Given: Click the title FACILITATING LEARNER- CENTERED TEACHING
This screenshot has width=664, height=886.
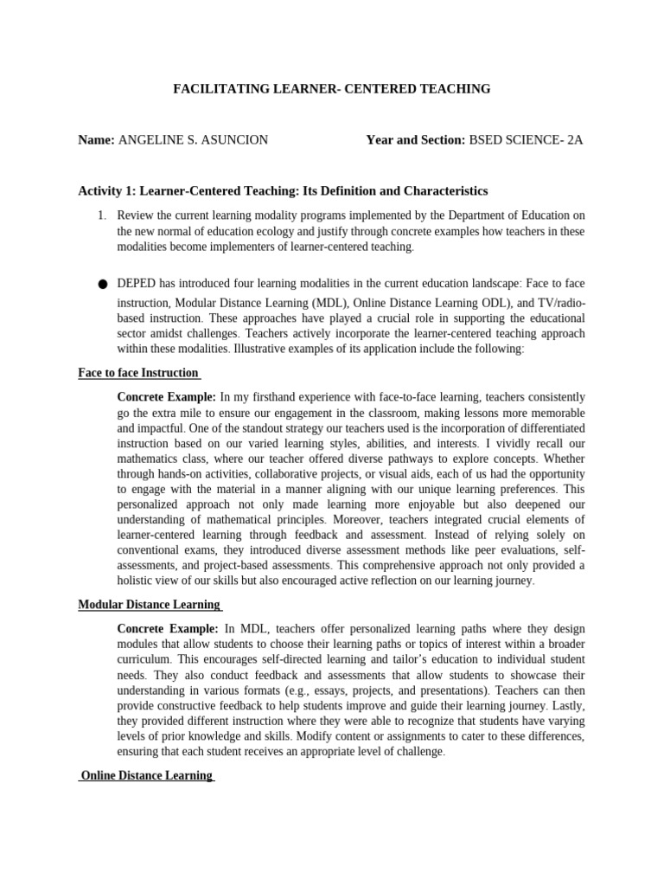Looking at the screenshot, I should coord(332,88).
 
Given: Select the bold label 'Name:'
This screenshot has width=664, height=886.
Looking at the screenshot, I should coord(96,139).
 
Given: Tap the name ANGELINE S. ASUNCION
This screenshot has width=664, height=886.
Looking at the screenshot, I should coord(193,139).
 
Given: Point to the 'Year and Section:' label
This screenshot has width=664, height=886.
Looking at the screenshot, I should coord(416,139).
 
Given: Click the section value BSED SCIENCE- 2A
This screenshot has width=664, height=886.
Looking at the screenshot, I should coord(526,139).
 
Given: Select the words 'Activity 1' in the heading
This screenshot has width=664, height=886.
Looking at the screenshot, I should coord(106,190).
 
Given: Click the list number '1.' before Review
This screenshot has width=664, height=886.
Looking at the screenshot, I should coord(101,215).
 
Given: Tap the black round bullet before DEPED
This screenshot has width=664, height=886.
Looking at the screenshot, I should coord(103,284).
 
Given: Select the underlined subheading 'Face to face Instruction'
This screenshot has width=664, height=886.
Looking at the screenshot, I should coord(138,373).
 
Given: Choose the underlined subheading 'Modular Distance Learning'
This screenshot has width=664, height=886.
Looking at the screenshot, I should coord(149,604).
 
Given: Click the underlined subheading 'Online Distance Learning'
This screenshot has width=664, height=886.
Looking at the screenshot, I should coord(146,775).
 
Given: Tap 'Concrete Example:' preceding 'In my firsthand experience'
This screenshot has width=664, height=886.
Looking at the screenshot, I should coord(167,397).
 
